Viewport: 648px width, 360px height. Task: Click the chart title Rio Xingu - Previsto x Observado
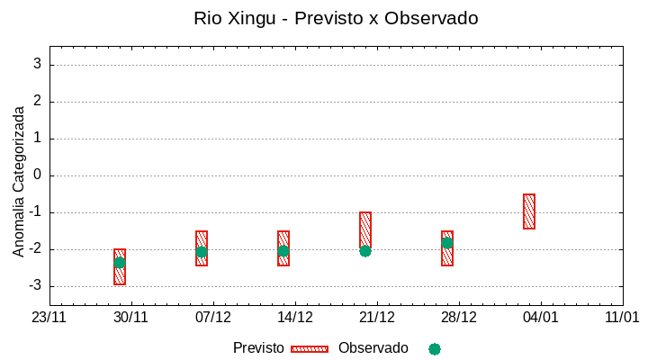[x=336, y=18]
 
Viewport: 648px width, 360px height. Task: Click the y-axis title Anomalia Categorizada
[x=19, y=181]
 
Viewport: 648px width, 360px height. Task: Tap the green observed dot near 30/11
[x=120, y=263]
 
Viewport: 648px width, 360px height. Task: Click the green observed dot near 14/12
[x=283, y=251]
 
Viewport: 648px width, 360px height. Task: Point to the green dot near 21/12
[x=365, y=251]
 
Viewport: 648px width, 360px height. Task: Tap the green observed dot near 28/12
[x=447, y=243]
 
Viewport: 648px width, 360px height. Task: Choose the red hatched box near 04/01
[x=529, y=211]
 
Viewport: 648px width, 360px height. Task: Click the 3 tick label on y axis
[x=38, y=65]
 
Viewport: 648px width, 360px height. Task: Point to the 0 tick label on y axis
[x=38, y=175]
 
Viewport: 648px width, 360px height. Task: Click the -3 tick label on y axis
[x=35, y=286]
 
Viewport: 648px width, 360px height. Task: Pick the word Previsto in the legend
[x=258, y=348]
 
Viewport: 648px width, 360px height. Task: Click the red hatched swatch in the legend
[x=309, y=348]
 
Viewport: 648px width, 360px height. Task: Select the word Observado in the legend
[x=373, y=348]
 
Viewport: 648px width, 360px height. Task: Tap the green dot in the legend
[x=435, y=349]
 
